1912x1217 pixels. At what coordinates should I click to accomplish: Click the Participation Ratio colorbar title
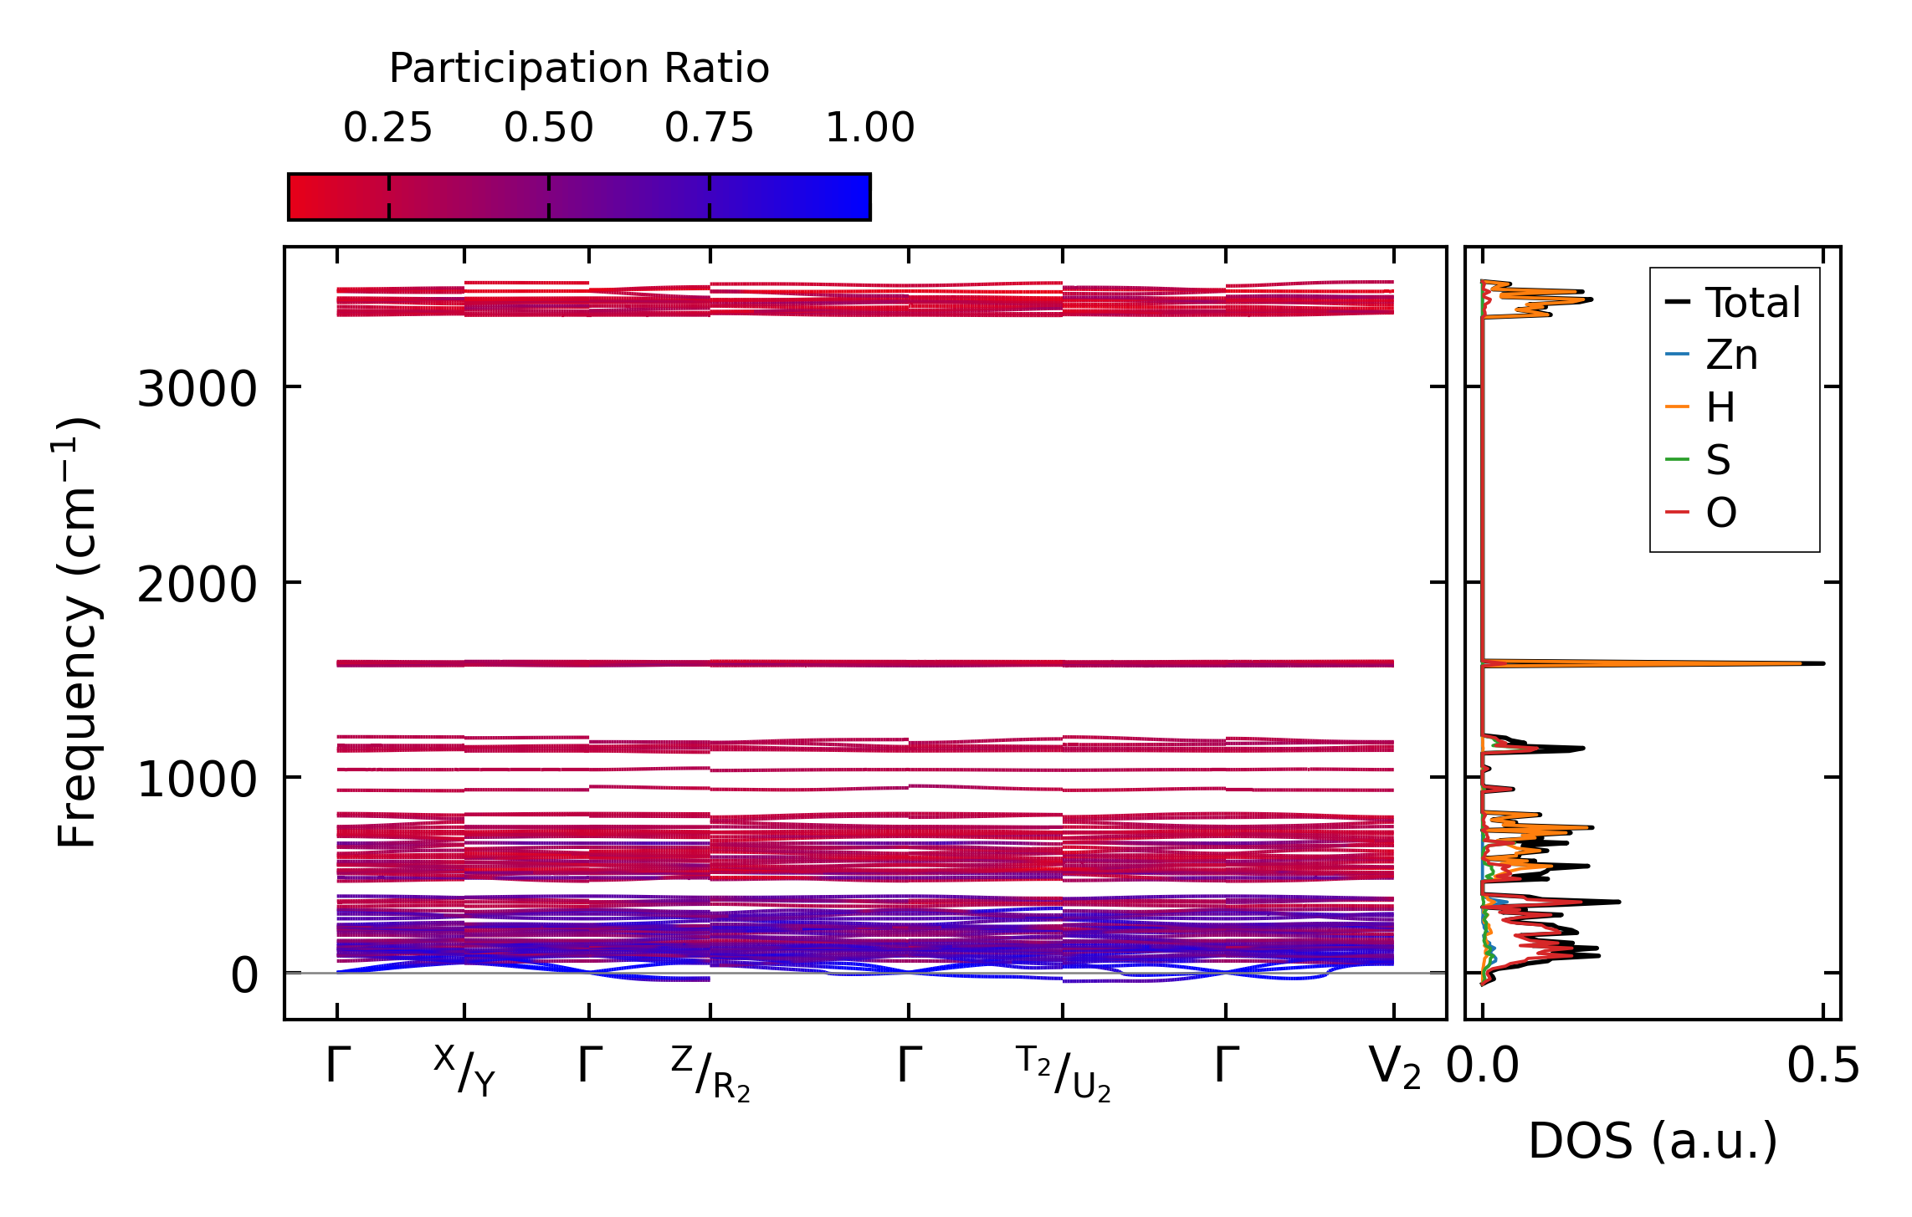578,69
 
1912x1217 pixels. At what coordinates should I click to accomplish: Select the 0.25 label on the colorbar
387,128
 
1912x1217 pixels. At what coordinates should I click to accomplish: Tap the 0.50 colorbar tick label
548,128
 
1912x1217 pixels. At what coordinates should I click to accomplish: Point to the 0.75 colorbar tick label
709,128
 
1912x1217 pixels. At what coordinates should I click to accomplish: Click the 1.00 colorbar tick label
869,128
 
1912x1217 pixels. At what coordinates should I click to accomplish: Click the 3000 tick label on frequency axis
197,389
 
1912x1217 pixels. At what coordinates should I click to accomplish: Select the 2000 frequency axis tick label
197,584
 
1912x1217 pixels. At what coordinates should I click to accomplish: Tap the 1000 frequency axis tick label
197,780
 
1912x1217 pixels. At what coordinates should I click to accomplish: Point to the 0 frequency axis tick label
244,975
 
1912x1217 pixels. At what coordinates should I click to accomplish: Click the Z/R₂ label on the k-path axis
710,1074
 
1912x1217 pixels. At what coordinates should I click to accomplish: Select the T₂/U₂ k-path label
1064,1074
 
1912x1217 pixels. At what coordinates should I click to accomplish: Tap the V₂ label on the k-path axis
1394,1067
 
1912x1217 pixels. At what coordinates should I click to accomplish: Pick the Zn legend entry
1731,355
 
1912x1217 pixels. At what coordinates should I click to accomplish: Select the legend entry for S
1718,460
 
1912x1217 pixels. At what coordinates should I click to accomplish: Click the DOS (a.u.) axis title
1653,1141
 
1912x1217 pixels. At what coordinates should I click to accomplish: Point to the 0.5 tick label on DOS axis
1823,1067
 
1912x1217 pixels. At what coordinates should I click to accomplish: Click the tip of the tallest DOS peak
1822,663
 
